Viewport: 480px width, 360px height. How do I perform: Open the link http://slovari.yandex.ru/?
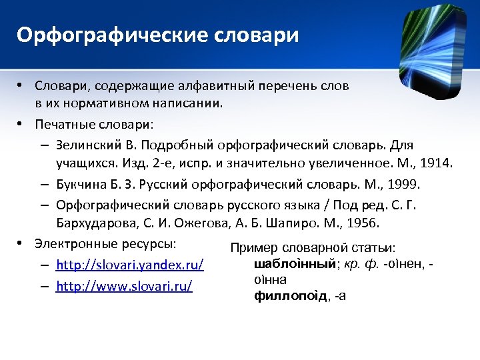[x=130, y=265]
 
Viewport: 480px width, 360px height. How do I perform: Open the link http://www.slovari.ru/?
[x=125, y=287]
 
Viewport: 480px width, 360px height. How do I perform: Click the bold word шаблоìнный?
[x=294, y=265]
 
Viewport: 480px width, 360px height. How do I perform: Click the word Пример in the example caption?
[x=251, y=248]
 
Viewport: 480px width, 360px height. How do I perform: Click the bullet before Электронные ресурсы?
[x=21, y=243]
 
